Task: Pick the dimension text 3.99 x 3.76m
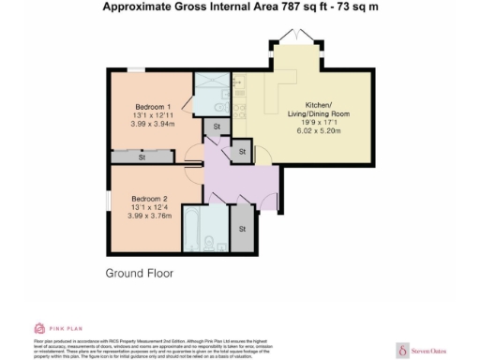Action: (150, 215)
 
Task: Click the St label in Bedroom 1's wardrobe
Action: (142, 158)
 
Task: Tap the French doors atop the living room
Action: (299, 38)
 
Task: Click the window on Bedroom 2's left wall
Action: (109, 201)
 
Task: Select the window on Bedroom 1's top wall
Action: (138, 69)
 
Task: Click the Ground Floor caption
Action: (139, 274)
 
